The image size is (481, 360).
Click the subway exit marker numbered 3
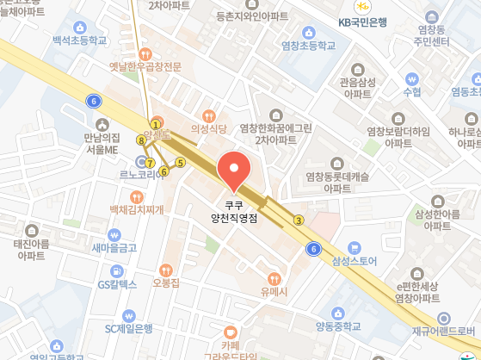[299, 220]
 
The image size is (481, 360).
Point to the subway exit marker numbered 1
[156, 123]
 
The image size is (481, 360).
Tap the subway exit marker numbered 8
[140, 139]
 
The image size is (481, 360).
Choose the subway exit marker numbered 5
[181, 162]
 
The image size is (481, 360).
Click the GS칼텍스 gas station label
[117, 283]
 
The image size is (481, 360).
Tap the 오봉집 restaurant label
[165, 282]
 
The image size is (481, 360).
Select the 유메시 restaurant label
[274, 290]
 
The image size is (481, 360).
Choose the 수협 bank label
[411, 91]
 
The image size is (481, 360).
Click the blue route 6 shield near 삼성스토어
[313, 249]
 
